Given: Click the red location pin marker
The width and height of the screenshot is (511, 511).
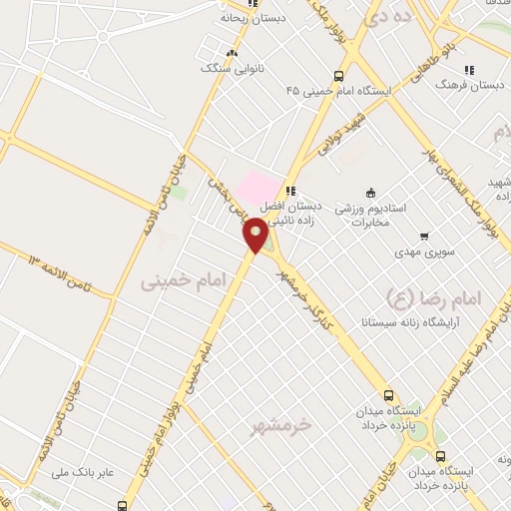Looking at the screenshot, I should click(256, 236).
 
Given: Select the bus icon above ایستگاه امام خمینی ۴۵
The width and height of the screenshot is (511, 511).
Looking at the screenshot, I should click(339, 75).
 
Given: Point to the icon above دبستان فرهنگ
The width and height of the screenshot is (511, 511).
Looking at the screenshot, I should click(470, 71).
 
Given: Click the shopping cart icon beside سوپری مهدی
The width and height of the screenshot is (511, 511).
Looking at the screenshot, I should click(425, 238).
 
